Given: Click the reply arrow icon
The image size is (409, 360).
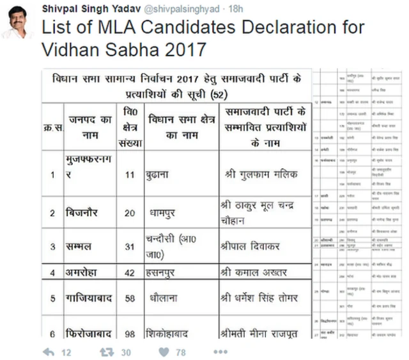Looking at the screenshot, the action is pyautogui.click(x=48, y=351).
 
